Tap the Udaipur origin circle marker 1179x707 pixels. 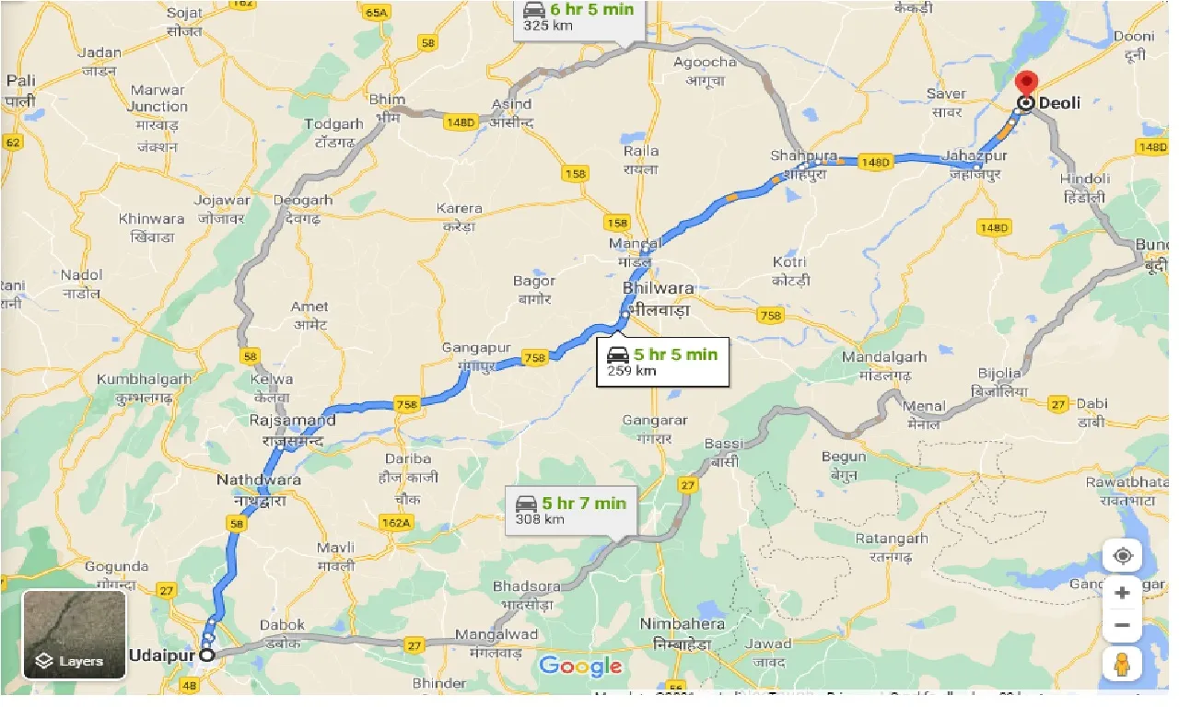point(207,655)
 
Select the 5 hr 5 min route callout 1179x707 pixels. point(662,362)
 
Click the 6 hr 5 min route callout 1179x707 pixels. point(579,17)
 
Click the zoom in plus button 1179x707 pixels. point(1122,594)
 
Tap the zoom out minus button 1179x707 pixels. point(1122,626)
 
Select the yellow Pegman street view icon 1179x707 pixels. point(1122,664)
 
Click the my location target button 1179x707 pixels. point(1122,556)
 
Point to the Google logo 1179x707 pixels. point(580,666)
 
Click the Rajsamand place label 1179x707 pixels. point(292,420)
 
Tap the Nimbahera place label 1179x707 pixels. point(682,623)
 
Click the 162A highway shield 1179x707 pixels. point(396,523)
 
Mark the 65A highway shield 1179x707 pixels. point(376,12)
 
